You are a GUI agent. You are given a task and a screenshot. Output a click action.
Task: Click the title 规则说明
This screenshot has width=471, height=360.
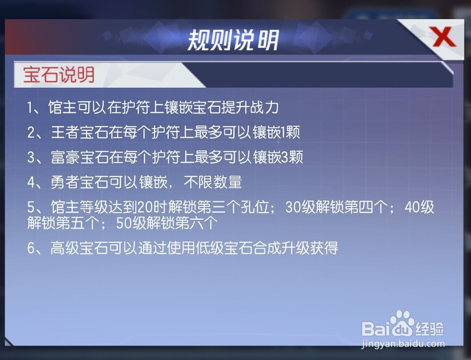(233, 40)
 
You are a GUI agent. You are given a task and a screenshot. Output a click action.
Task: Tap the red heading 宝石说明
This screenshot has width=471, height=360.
(59, 75)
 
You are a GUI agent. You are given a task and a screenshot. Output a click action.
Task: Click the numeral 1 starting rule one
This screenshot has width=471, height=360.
(30, 108)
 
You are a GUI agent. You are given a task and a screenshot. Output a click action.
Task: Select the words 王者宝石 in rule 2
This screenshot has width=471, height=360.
(80, 132)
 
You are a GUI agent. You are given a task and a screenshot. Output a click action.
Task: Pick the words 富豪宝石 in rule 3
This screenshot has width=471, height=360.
(80, 157)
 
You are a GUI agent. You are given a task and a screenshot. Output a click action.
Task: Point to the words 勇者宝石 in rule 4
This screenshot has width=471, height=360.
(80, 182)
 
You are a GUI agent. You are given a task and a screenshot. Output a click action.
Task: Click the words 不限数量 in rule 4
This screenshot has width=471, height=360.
(213, 182)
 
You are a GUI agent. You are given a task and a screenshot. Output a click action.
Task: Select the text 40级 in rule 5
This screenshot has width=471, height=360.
(419, 207)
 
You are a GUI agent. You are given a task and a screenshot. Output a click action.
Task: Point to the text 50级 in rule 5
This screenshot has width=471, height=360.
(131, 223)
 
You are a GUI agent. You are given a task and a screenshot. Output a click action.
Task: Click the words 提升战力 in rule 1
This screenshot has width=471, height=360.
(250, 108)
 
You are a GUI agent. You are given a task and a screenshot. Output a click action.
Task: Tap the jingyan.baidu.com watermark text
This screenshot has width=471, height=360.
(403, 344)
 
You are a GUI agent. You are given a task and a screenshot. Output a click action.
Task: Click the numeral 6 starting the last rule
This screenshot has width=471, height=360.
(31, 248)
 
